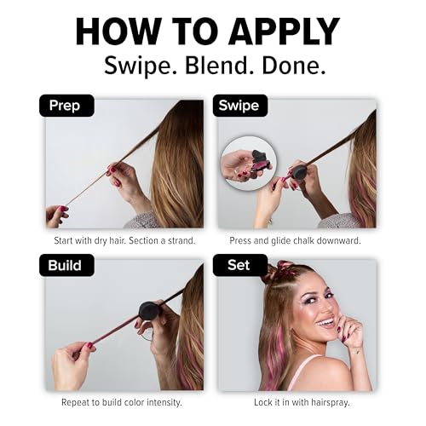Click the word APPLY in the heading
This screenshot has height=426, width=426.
284,32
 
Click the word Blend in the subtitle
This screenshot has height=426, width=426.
219,66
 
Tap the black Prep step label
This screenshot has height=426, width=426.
66,106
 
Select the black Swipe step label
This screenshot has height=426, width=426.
240,106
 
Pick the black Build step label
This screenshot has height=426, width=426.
66,265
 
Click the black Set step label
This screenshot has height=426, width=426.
240,265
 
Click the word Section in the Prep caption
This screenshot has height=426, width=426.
143,240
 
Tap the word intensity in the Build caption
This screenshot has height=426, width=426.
164,402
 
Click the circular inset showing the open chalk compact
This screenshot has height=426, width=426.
249,164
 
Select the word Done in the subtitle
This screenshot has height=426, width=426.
294,66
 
